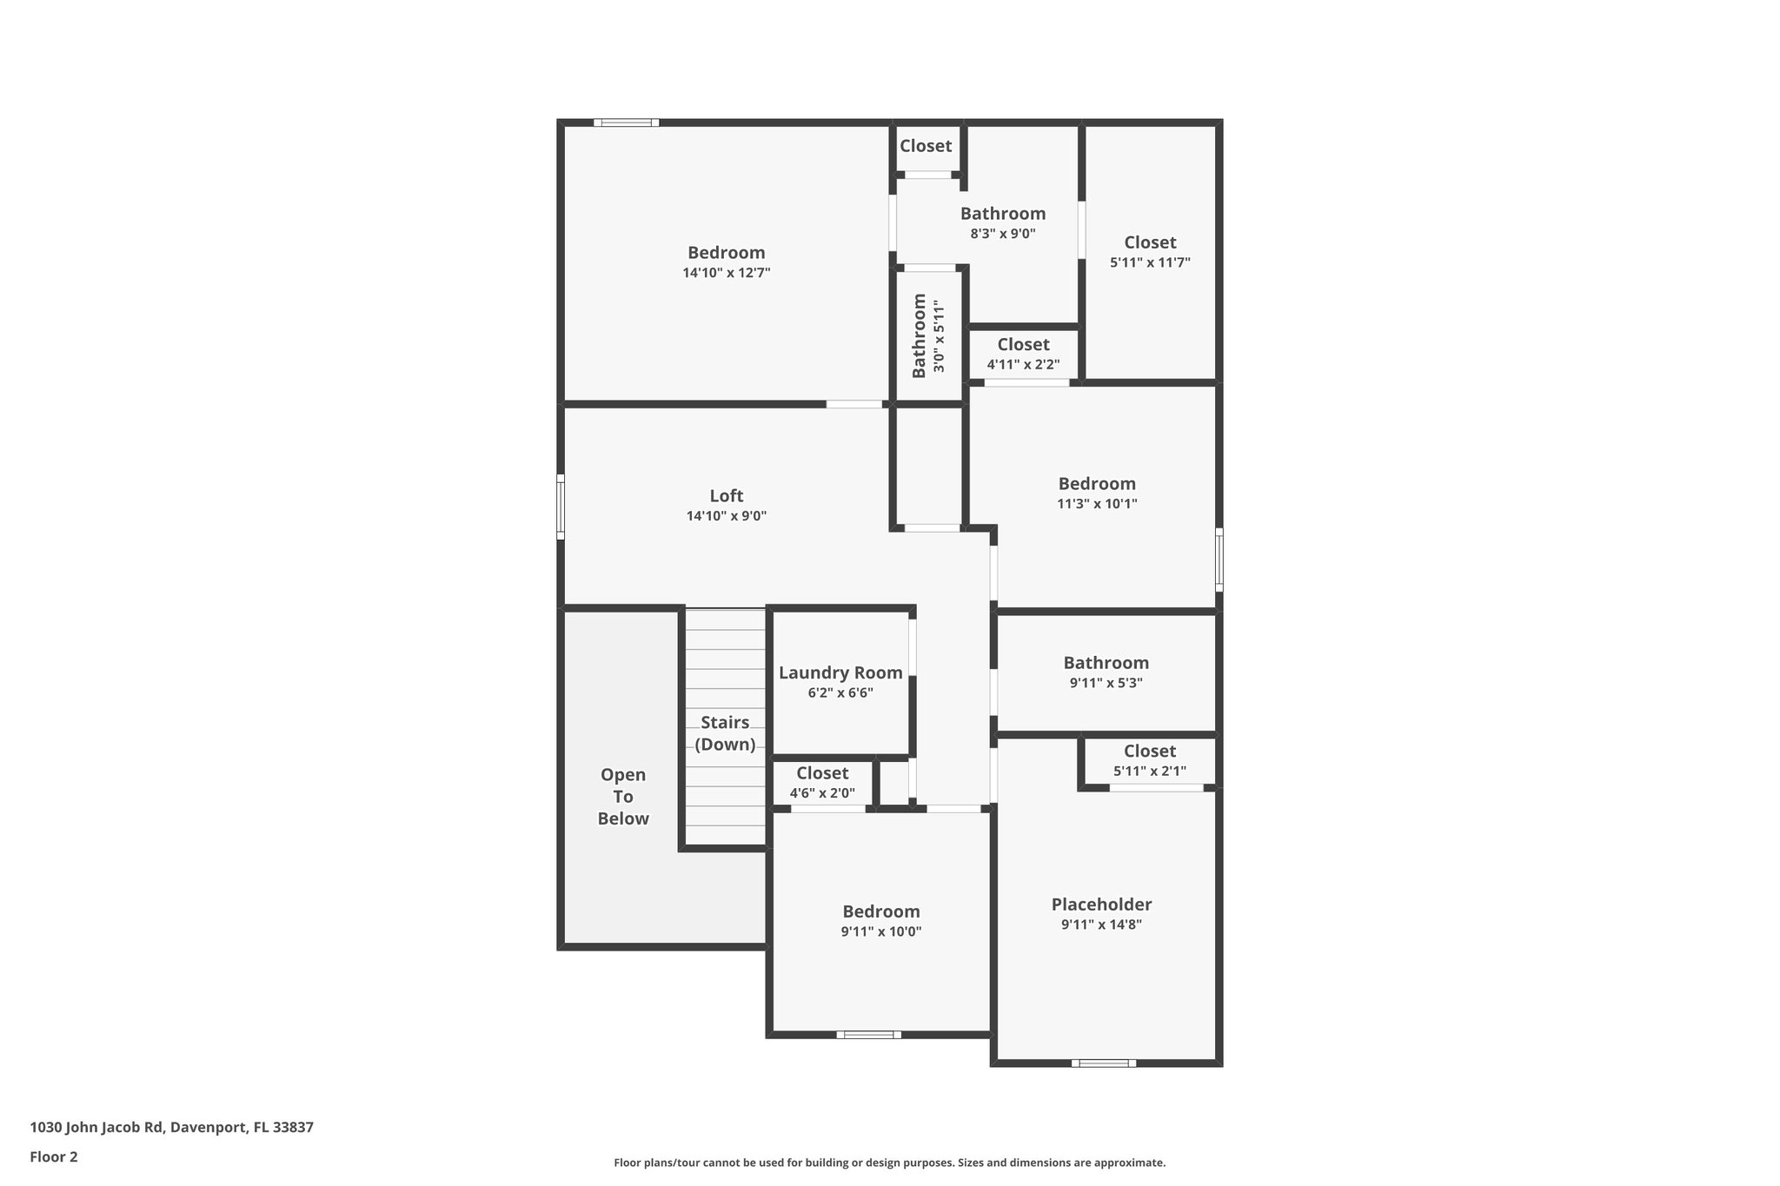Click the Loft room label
coord(726,496)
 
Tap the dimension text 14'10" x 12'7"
coord(726,273)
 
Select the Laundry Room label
coord(840,673)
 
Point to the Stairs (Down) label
coord(725,733)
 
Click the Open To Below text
coord(623,797)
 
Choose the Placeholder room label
coord(1101,904)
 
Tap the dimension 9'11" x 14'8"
coord(1101,924)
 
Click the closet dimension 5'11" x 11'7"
coord(1150,262)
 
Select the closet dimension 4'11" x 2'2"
coord(1023,365)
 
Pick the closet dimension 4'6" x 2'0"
coord(822,793)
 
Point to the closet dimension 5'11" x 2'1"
coord(1149,771)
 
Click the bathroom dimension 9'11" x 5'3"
coord(1106,683)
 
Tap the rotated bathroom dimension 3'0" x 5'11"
coord(939,336)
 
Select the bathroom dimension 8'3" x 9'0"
coord(1003,234)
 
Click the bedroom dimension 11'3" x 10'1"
coord(1097,504)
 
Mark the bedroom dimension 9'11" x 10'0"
coord(880,931)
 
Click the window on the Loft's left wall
coord(561,507)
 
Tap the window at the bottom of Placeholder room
coord(1103,1063)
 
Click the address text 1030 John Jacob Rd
coord(97,1128)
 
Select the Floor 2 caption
coord(54,1156)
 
